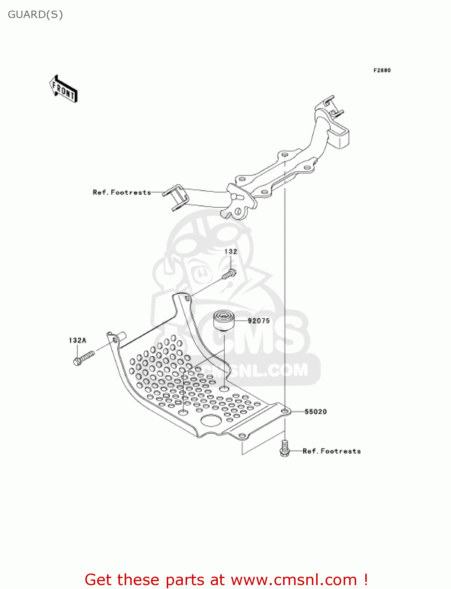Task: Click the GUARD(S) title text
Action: tap(35, 15)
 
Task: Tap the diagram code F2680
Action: tap(382, 70)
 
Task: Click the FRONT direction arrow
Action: tap(63, 89)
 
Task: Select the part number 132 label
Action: tap(231, 252)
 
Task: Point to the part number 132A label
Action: tap(77, 340)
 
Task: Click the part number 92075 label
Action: tap(259, 321)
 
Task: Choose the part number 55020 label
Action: tap(316, 412)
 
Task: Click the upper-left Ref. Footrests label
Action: tap(122, 192)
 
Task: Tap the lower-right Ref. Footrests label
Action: tap(332, 451)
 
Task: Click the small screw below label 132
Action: tap(229, 274)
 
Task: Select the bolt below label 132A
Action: tap(84, 358)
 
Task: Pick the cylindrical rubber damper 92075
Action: tap(224, 320)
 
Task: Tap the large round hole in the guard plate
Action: tap(211, 421)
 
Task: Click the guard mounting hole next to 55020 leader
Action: tap(285, 411)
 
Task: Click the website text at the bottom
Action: tap(226, 580)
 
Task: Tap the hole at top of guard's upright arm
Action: tap(187, 299)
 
